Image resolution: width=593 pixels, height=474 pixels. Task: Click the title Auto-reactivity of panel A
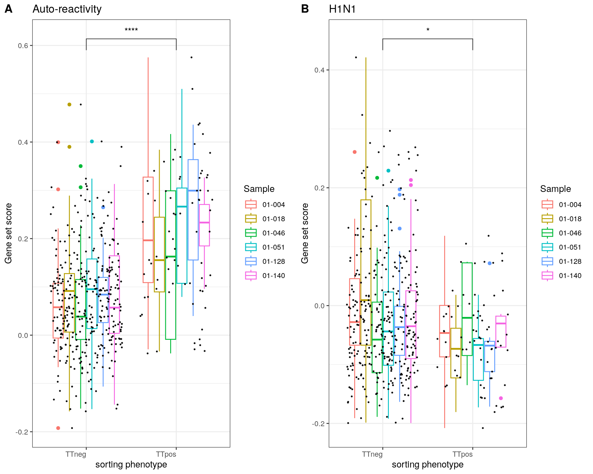pos(67,9)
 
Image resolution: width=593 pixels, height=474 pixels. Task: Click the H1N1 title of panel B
pos(342,9)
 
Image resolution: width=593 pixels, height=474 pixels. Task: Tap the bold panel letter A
pos(9,9)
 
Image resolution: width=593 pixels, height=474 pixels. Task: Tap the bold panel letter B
pos(305,9)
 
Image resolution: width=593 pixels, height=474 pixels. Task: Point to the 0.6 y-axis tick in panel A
pos(23,46)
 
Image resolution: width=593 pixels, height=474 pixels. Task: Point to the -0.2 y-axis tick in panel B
pos(318,423)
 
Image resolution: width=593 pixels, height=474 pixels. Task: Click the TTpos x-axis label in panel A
pos(166,454)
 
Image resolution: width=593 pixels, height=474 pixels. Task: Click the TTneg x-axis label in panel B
pos(372,454)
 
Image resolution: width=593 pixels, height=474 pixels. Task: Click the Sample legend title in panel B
pos(555,189)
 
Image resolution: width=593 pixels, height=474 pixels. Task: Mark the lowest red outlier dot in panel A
pos(58,428)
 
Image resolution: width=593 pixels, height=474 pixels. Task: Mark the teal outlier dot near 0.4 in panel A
pos(92,141)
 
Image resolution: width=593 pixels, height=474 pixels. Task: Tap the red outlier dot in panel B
pos(355,152)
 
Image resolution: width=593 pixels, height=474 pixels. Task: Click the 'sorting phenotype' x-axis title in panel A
pos(131,464)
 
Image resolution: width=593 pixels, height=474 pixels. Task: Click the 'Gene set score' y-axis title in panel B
pos(305,233)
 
